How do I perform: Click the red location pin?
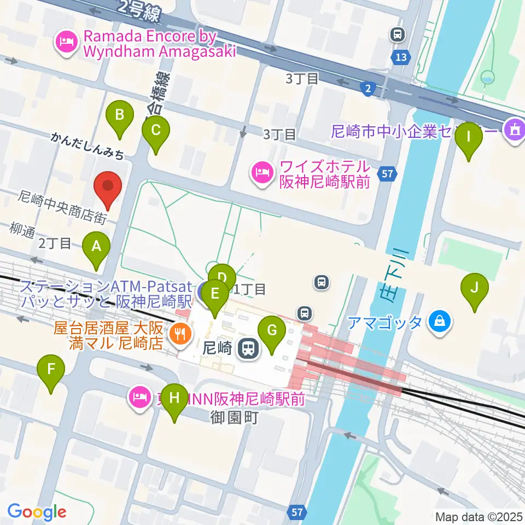coord(108,187)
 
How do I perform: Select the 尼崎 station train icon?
coord(249,348)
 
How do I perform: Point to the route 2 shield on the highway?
coord(369,87)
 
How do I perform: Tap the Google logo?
coord(37,512)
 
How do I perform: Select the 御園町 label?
coord(234,418)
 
